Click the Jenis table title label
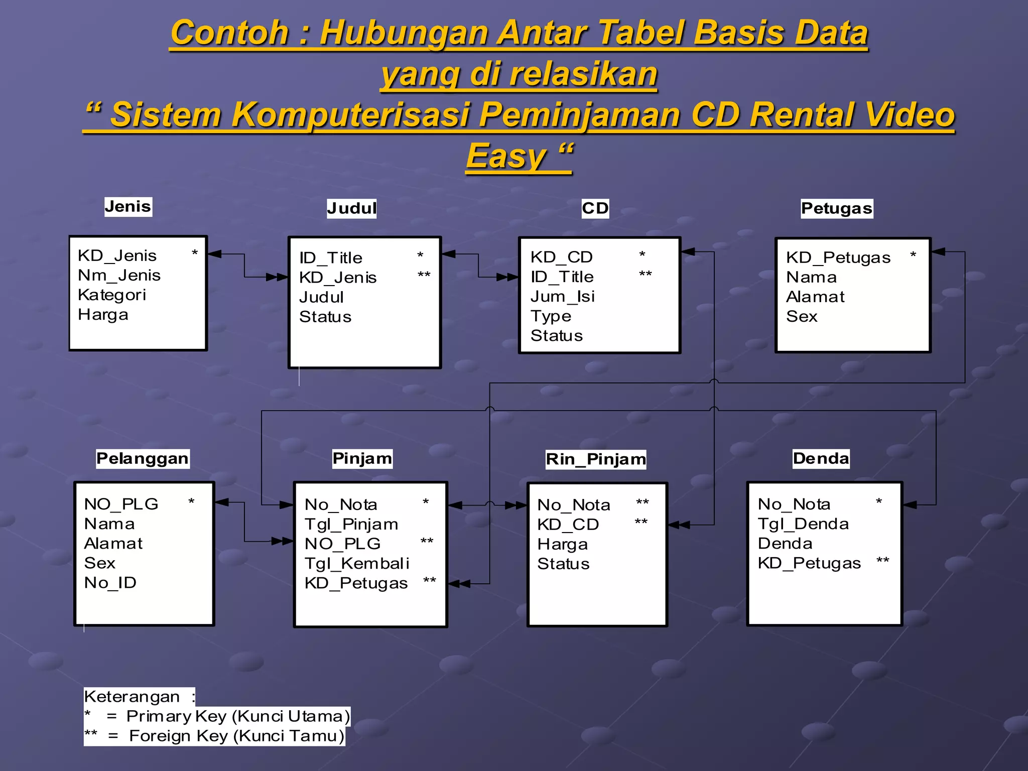point(127,206)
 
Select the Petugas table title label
point(836,208)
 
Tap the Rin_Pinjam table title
point(595,459)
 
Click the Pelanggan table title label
point(142,458)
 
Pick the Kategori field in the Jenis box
point(111,295)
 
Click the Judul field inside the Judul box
point(321,297)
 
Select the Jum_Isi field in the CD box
point(562,296)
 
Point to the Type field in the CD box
point(551,316)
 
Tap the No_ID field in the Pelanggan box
point(110,582)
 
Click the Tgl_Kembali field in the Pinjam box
point(356,563)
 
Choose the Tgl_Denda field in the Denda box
point(803,524)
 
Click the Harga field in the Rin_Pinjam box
point(562,544)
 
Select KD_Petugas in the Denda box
point(809,563)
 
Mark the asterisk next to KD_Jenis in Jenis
point(195,253)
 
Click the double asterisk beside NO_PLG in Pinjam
point(427,542)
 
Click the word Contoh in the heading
point(229,33)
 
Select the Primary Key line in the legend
point(217,716)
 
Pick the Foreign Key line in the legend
point(214,736)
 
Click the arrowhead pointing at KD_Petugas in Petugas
point(938,251)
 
